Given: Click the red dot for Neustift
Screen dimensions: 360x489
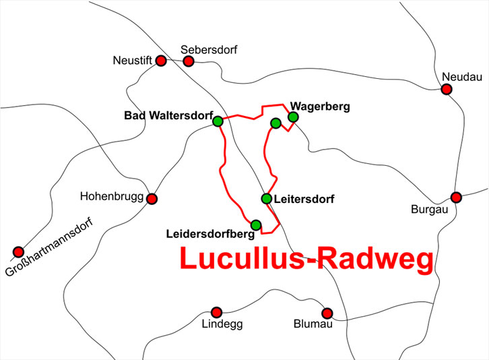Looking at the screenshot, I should coord(161,61).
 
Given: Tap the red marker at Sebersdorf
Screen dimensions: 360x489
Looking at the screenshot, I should coord(189,61).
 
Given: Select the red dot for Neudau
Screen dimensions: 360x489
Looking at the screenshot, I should coord(447,89).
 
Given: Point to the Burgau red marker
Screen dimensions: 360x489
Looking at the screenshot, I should coord(456,198).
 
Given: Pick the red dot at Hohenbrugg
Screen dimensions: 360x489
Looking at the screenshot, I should coord(152,199).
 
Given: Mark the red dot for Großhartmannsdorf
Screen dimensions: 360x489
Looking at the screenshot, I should coord(18,252).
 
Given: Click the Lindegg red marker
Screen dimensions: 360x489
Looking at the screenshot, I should coord(216,312).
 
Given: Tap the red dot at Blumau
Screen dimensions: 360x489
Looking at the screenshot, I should coord(327,313).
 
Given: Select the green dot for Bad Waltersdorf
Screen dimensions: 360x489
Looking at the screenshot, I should coord(218,121).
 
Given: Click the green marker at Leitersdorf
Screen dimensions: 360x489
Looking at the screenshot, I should coord(266,198).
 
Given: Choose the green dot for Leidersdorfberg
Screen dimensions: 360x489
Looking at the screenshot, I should coord(255,224).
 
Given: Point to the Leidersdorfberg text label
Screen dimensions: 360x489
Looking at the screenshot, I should coord(209,235).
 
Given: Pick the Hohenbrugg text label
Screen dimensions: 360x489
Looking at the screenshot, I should coord(110,197).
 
